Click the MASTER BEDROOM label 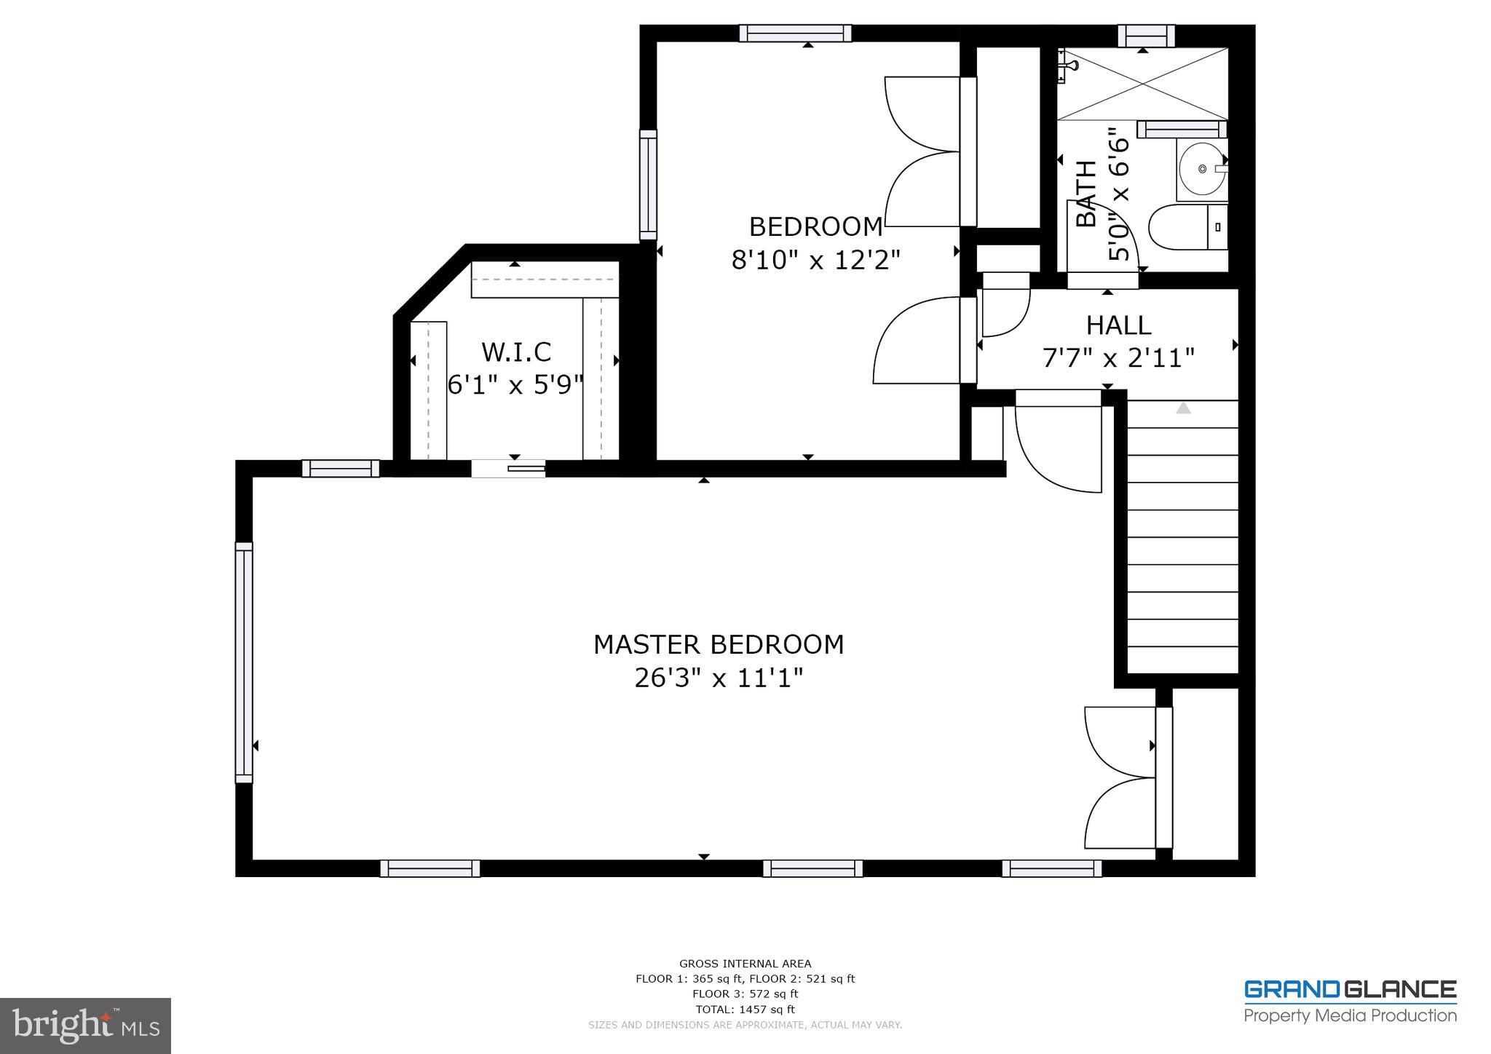tap(718, 644)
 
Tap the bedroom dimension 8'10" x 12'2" tap(815, 260)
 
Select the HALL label tap(1118, 325)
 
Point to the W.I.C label tap(516, 352)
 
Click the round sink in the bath tap(1201, 169)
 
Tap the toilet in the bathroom tap(1187, 227)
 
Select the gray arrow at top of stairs tap(1183, 408)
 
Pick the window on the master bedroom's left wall tap(244, 662)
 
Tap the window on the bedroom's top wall tap(795, 33)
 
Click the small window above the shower tap(1146, 34)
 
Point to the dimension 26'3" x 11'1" tap(718, 678)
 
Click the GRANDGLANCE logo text tap(1350, 990)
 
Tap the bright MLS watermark tap(85, 1026)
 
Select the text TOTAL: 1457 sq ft tap(745, 1009)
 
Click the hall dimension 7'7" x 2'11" tap(1118, 358)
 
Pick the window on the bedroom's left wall tap(648, 185)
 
